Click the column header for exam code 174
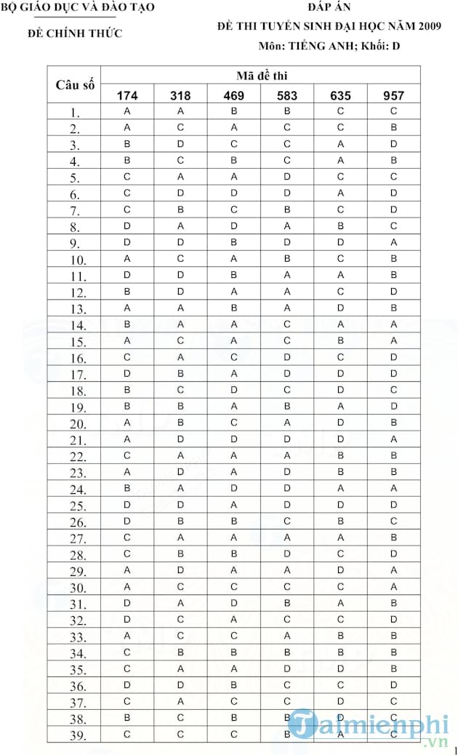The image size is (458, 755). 127,95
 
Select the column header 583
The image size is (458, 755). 287,95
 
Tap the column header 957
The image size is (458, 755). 393,95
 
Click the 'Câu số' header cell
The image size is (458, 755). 75,84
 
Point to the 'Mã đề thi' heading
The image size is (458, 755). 260,75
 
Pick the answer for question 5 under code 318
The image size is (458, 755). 181,177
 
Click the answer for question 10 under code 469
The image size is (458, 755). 234,259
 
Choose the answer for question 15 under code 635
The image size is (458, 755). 340,340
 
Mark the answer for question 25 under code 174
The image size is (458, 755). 127,505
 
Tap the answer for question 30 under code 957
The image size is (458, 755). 393,587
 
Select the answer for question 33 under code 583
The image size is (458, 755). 287,636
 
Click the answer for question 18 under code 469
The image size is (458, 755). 234,390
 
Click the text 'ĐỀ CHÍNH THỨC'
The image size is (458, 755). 75,33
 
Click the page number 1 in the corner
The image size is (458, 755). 454,749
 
